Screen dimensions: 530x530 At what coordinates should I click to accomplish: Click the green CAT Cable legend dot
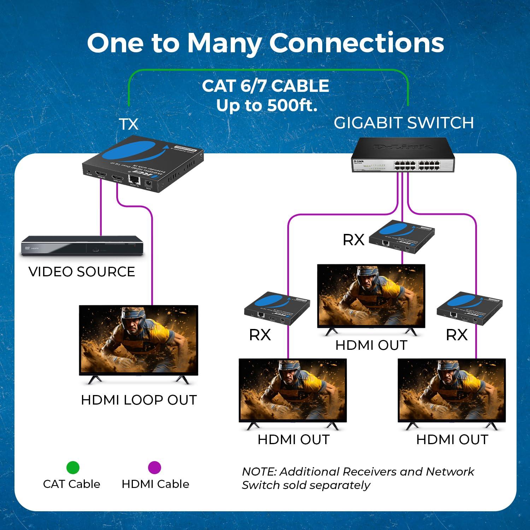click(73, 467)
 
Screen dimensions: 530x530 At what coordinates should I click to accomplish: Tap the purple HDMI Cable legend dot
click(154, 467)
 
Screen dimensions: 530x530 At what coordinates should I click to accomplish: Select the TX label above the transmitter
click(128, 124)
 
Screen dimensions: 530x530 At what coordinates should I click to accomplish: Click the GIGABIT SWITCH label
click(404, 123)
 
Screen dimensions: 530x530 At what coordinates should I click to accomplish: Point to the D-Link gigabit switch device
click(403, 155)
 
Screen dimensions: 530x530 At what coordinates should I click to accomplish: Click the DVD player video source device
click(82, 246)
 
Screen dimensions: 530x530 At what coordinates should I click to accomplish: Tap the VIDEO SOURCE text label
click(82, 272)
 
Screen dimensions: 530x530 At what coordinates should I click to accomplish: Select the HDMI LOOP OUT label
click(139, 400)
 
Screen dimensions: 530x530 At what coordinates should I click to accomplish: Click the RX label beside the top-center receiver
click(353, 240)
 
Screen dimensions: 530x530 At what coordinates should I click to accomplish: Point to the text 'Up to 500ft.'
click(267, 105)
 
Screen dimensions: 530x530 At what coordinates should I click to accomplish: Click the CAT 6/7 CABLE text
click(265, 86)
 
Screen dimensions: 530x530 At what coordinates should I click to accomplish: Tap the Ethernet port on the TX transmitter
click(134, 180)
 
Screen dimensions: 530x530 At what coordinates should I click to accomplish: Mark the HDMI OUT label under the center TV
click(371, 345)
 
